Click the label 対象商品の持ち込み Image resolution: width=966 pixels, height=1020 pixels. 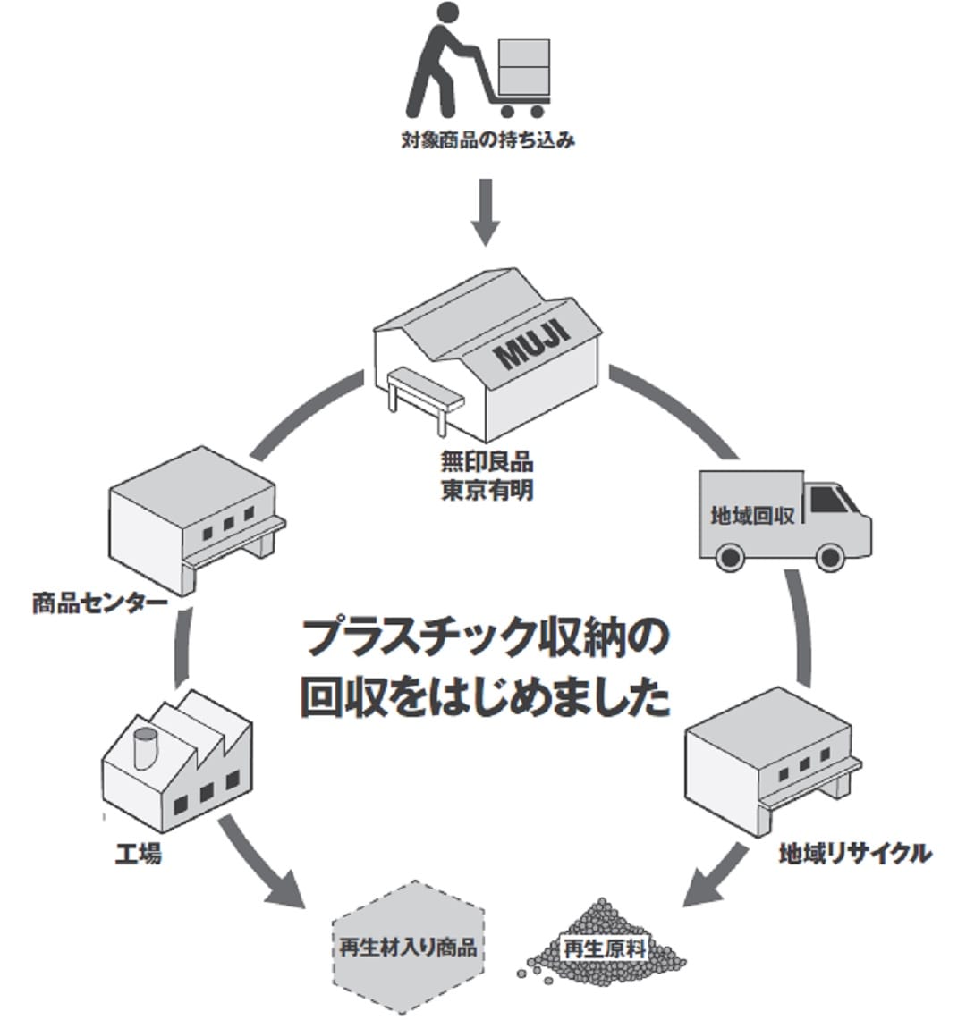pyautogui.click(x=487, y=140)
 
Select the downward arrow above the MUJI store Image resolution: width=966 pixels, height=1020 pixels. pyautogui.click(x=486, y=211)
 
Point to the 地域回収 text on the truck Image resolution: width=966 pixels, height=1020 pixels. pyautogui.click(x=752, y=516)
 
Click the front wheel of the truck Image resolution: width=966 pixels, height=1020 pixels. pyautogui.click(x=829, y=556)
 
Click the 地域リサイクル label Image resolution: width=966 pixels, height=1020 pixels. pyautogui.click(x=854, y=853)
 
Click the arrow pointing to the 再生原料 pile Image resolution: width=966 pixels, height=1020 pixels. pyautogui.click(x=716, y=875)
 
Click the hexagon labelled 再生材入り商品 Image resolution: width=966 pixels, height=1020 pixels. pyautogui.click(x=408, y=947)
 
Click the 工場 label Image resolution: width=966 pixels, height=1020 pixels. pyautogui.click(x=139, y=855)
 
